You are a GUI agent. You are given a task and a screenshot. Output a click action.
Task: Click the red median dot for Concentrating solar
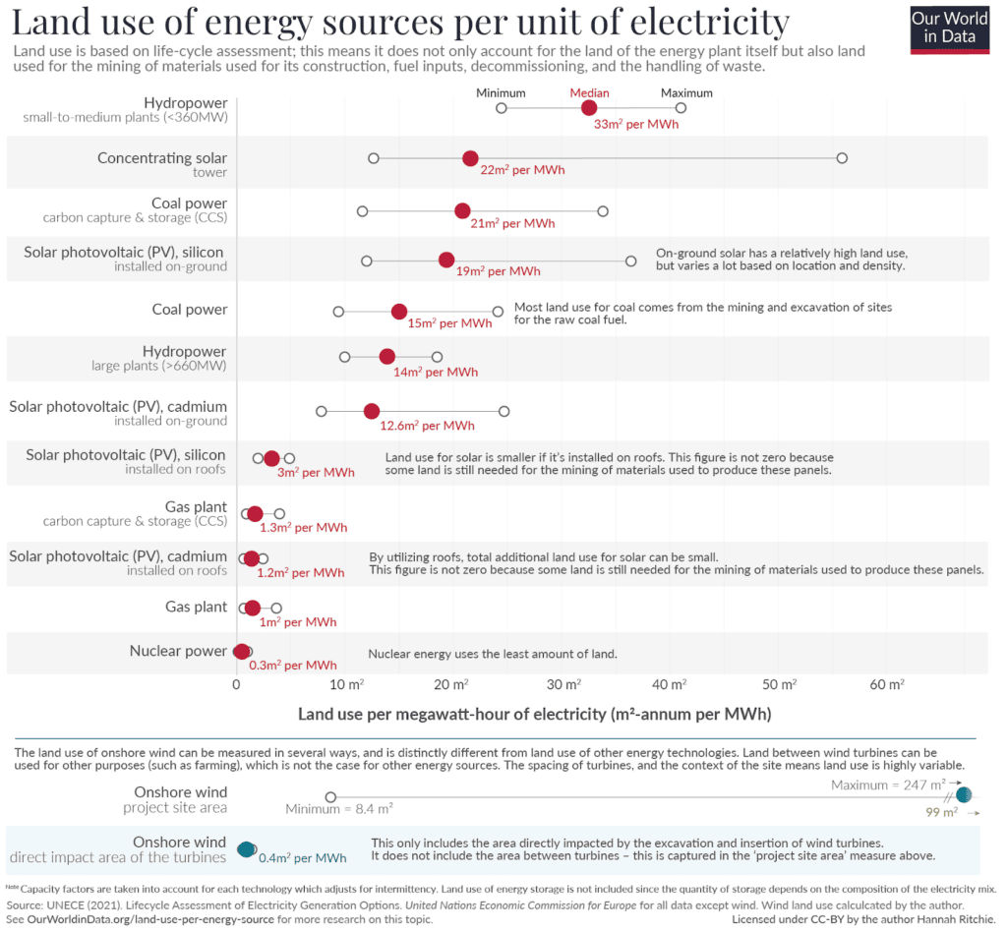(470, 158)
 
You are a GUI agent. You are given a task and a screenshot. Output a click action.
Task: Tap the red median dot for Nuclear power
(241, 651)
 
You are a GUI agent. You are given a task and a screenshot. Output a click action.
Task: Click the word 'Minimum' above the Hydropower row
(501, 92)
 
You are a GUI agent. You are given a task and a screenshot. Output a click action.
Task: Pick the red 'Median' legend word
(589, 92)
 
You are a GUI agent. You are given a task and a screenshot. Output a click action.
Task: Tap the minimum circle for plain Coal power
(338, 311)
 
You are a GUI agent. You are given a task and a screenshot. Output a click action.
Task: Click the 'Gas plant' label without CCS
(196, 608)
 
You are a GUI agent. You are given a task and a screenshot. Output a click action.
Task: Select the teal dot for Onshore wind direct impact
(246, 848)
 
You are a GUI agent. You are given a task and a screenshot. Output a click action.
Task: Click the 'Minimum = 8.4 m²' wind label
(339, 809)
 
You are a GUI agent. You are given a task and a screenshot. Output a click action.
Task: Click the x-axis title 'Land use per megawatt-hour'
(534, 713)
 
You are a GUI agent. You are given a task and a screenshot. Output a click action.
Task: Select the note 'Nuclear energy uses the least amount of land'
(493, 653)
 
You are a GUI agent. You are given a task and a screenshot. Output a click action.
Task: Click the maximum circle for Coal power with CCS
(603, 210)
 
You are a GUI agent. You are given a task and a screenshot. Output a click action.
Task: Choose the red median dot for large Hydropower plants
(386, 357)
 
